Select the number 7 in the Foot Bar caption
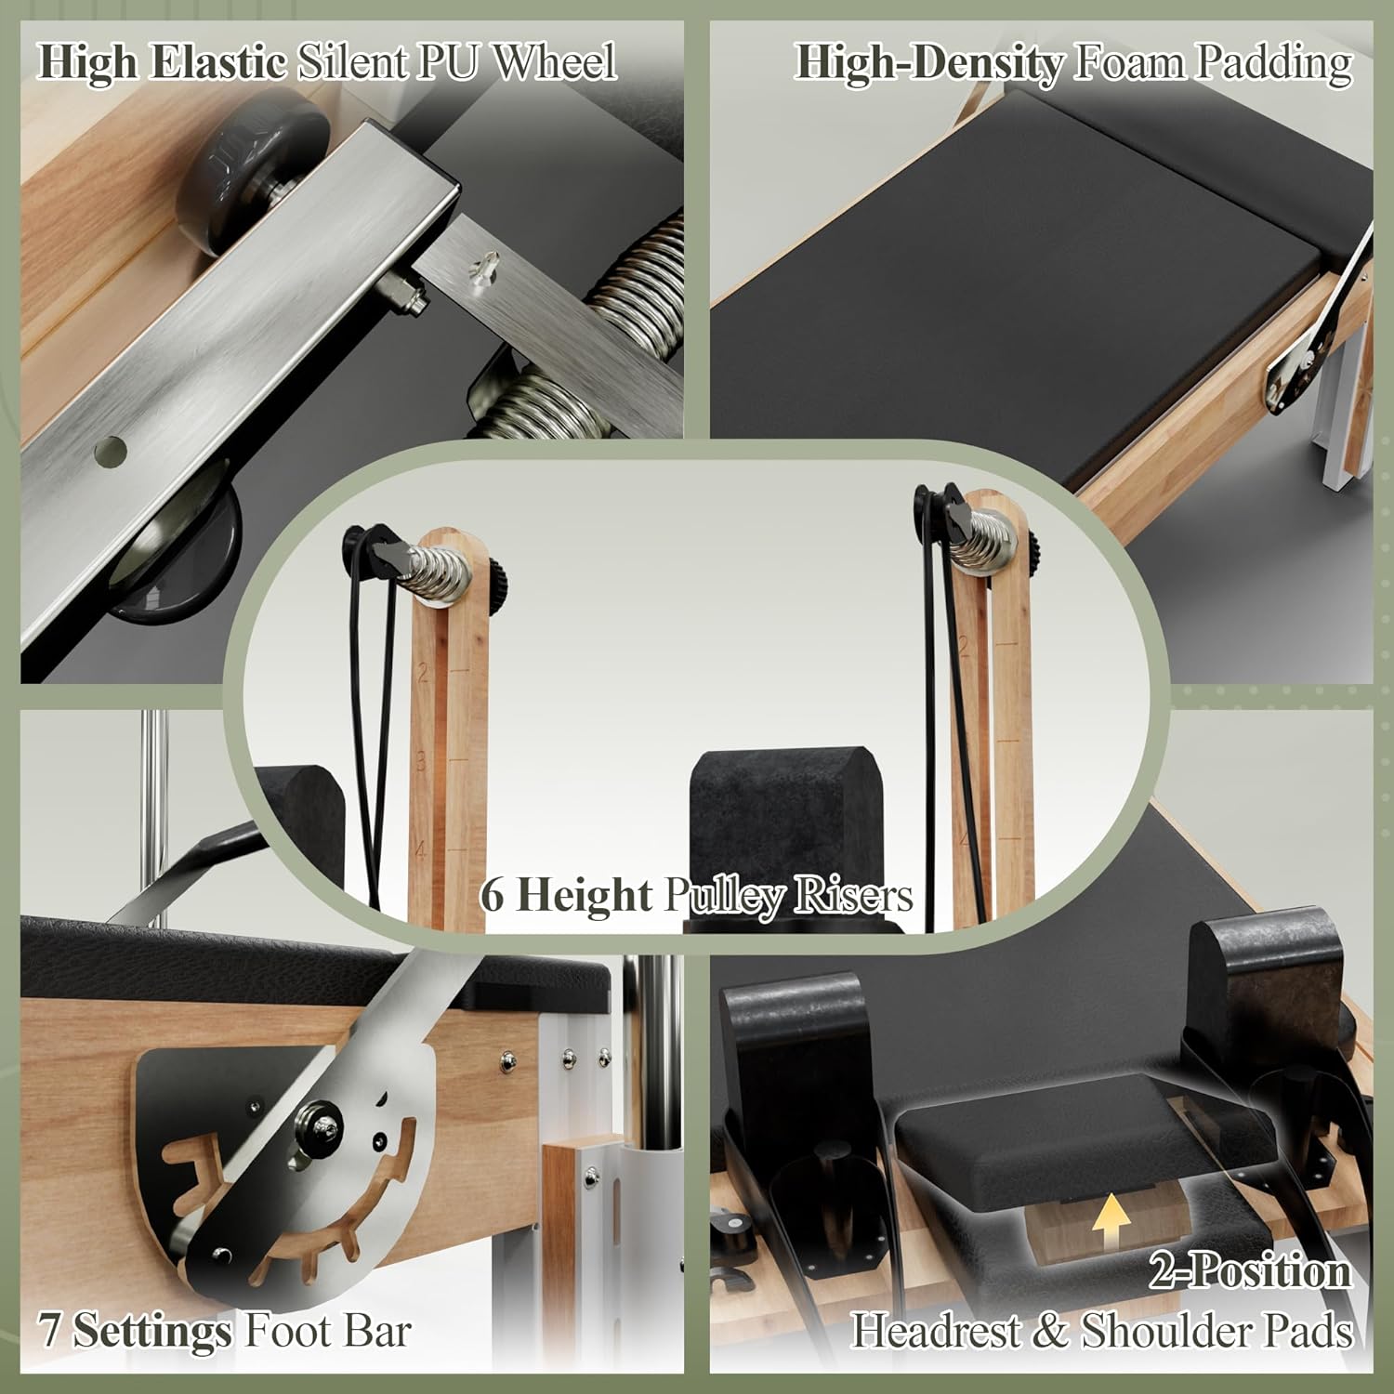[50, 1332]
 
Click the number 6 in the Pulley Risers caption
[493, 896]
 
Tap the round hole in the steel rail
[112, 451]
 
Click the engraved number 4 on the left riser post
[420, 849]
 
